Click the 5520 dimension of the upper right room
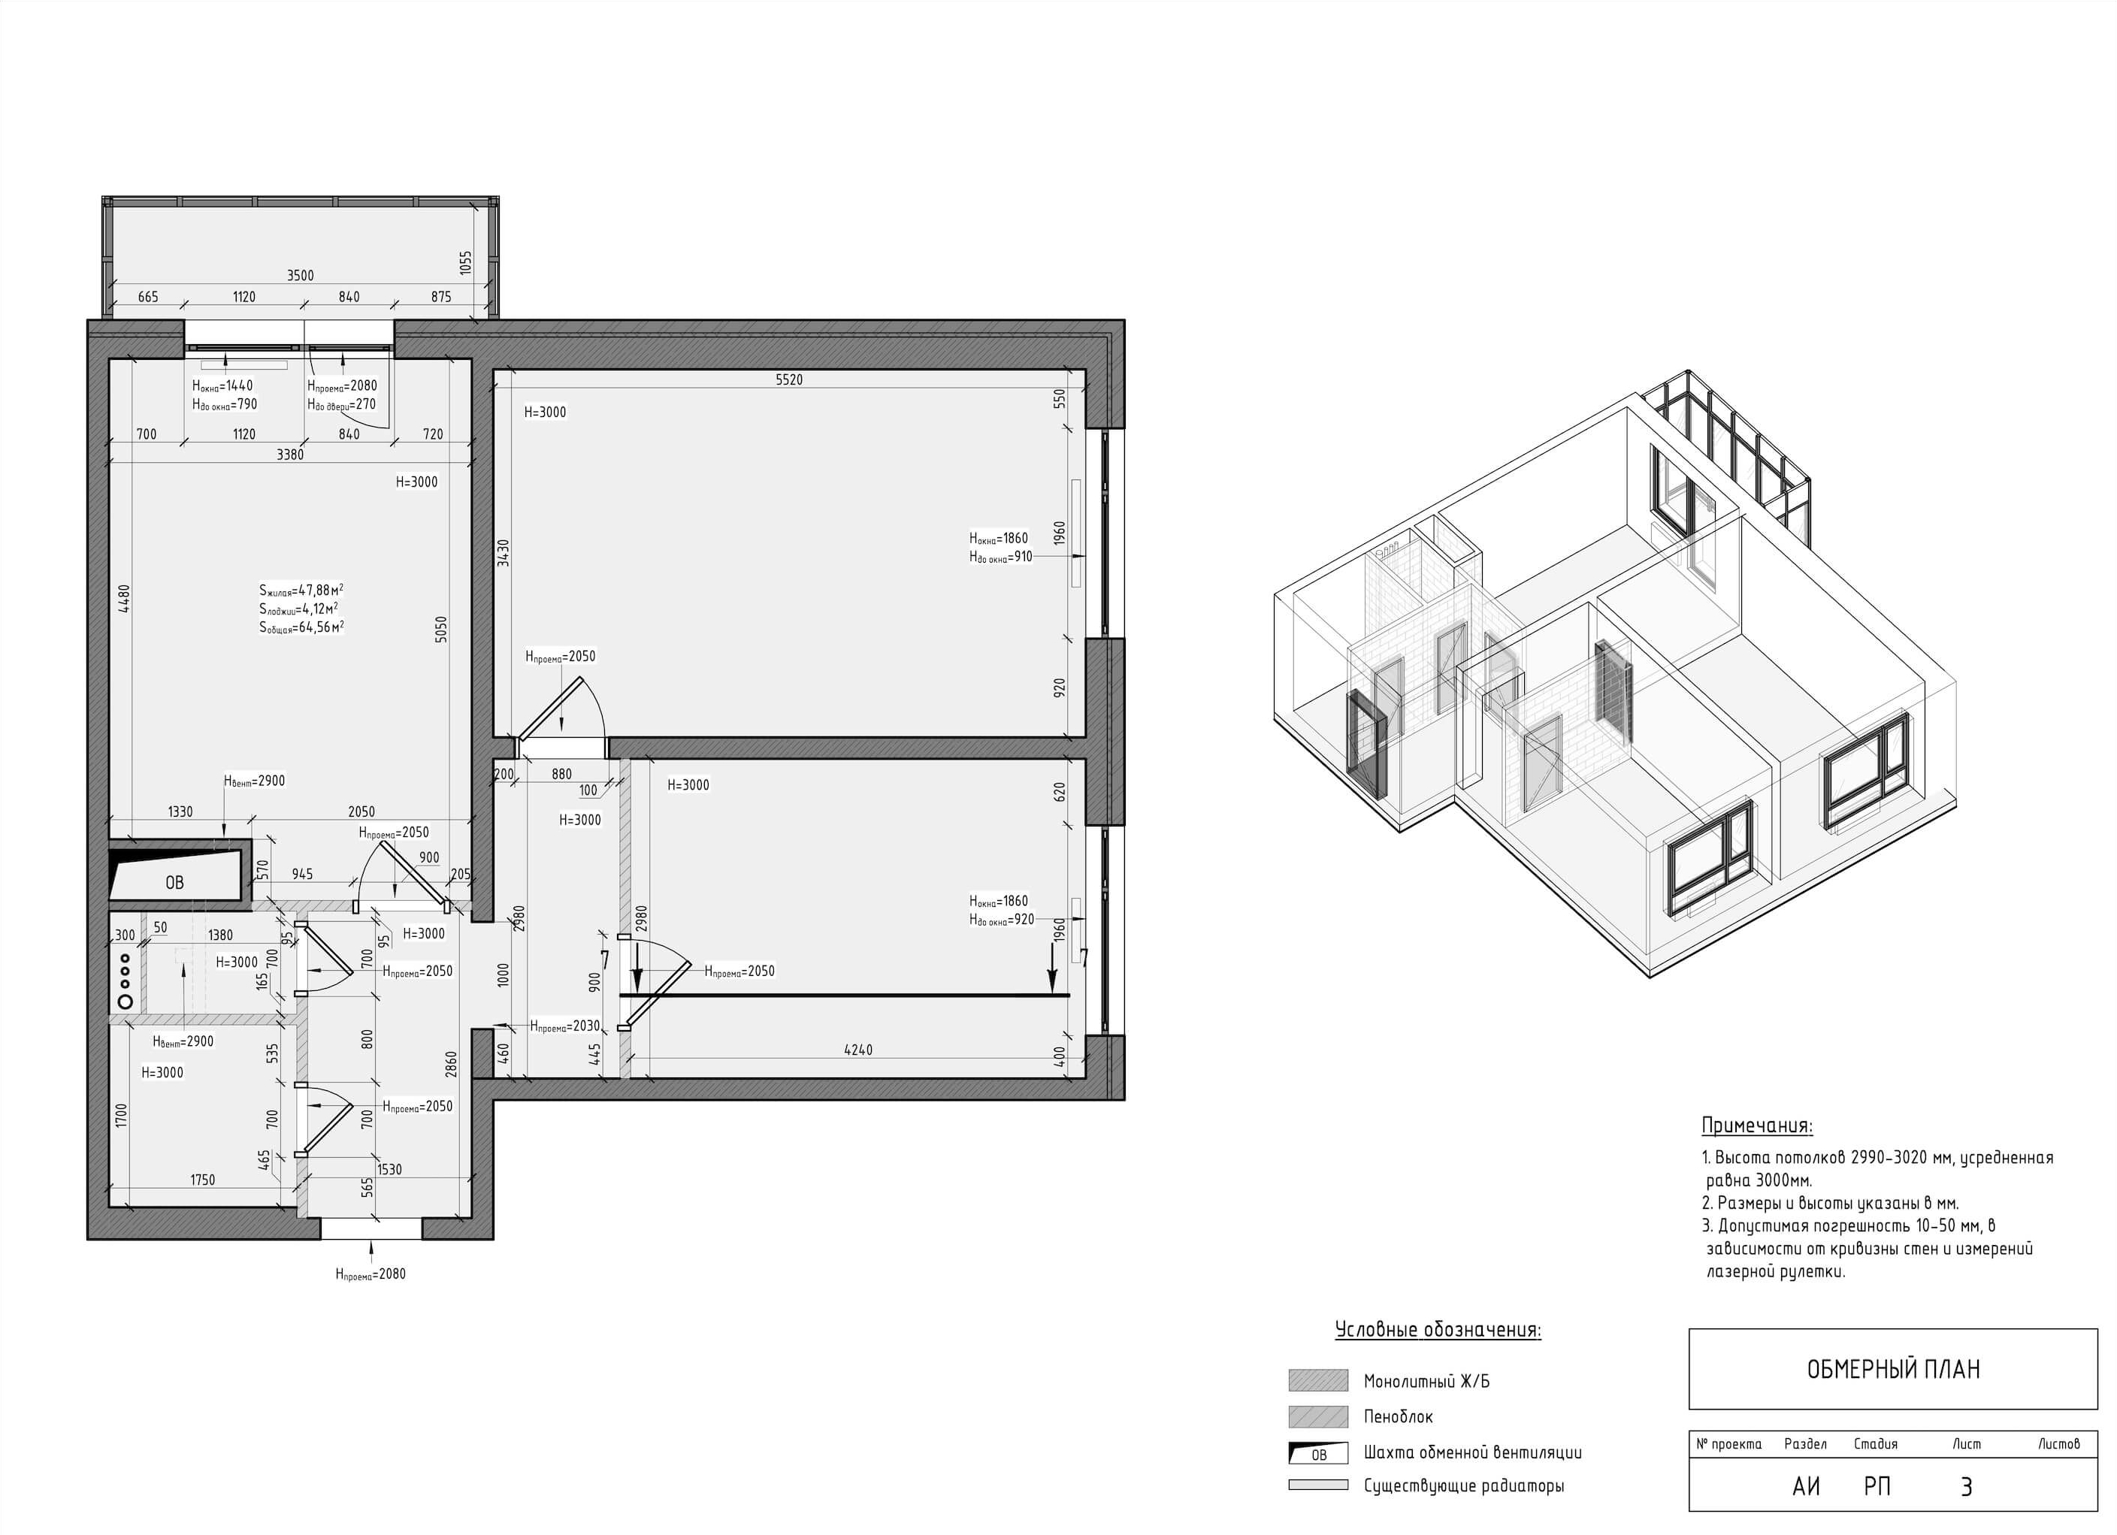click(x=789, y=379)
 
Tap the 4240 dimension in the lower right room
click(x=857, y=1050)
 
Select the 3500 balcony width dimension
click(x=300, y=275)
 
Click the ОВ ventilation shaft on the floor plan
click(x=174, y=882)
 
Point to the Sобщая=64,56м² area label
click(x=301, y=627)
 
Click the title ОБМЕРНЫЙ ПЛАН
click(x=1893, y=1369)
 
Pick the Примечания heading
click(x=1757, y=1126)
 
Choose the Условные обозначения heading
click(x=1438, y=1330)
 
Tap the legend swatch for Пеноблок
click(x=1318, y=1416)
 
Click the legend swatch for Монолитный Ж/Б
click(x=1318, y=1380)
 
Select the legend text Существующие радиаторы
click(x=1464, y=1485)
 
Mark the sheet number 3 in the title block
click(x=1966, y=1486)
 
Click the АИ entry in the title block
click(x=1806, y=1486)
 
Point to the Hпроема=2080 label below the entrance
click(x=370, y=1274)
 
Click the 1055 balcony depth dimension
click(x=466, y=263)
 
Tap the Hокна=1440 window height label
click(x=222, y=385)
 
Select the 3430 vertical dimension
click(x=504, y=552)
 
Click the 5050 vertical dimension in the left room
click(x=441, y=629)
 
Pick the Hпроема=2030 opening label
click(x=564, y=1026)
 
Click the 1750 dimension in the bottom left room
click(x=203, y=1180)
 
